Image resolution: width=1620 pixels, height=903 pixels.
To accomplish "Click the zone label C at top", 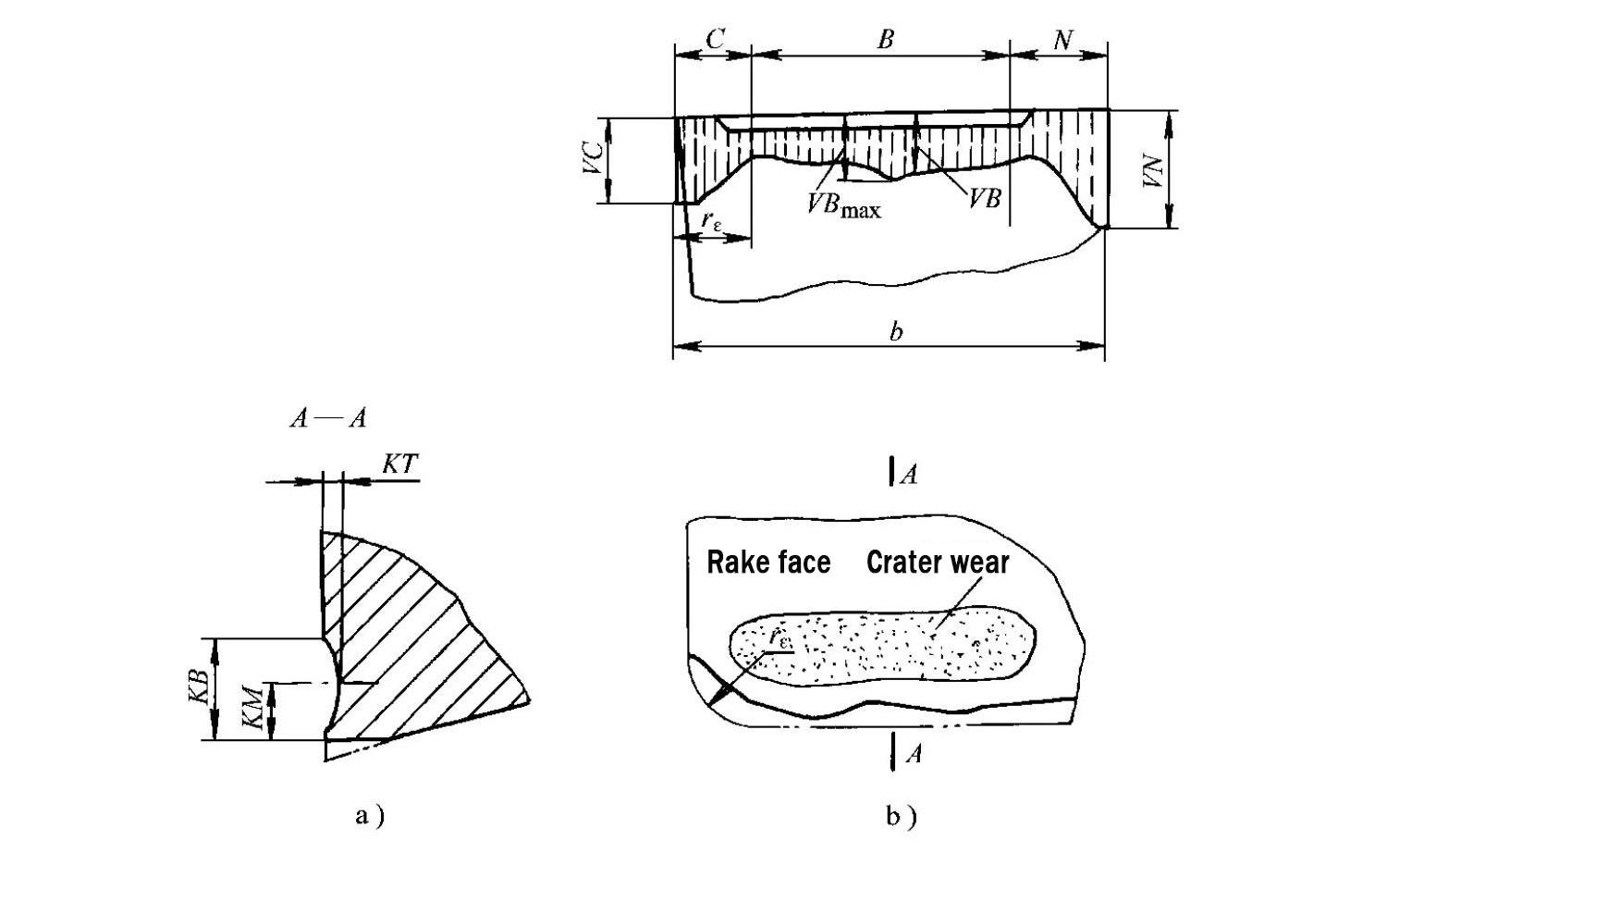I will point(715,39).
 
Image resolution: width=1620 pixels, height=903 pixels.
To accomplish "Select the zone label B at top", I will point(885,39).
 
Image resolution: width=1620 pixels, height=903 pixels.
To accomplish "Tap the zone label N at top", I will point(1062,40).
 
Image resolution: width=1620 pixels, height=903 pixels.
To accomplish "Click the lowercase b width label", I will point(895,331).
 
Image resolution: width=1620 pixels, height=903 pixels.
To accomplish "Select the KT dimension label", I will point(399,464).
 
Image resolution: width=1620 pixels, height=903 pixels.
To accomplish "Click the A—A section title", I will point(328,419).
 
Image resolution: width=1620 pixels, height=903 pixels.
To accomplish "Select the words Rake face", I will point(768,563).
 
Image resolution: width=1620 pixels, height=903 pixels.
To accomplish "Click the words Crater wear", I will point(938,563).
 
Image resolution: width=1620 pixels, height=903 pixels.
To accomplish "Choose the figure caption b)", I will point(901,816).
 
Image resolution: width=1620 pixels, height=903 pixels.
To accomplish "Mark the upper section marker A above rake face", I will point(910,475).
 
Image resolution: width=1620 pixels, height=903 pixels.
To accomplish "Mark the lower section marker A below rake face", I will point(913,754).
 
